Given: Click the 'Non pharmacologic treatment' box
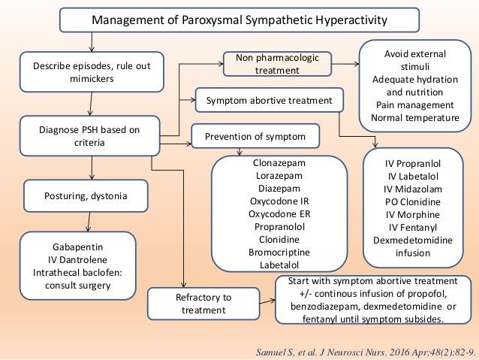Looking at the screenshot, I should (x=268, y=63).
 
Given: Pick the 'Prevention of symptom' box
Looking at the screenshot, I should (x=256, y=137).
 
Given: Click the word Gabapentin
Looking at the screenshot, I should (x=79, y=246).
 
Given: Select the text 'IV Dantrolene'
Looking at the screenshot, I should (x=79, y=259).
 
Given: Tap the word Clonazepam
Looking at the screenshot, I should (x=279, y=162).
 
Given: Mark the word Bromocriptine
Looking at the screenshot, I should (x=279, y=252).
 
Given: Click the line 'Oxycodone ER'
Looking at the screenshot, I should (x=279, y=213).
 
